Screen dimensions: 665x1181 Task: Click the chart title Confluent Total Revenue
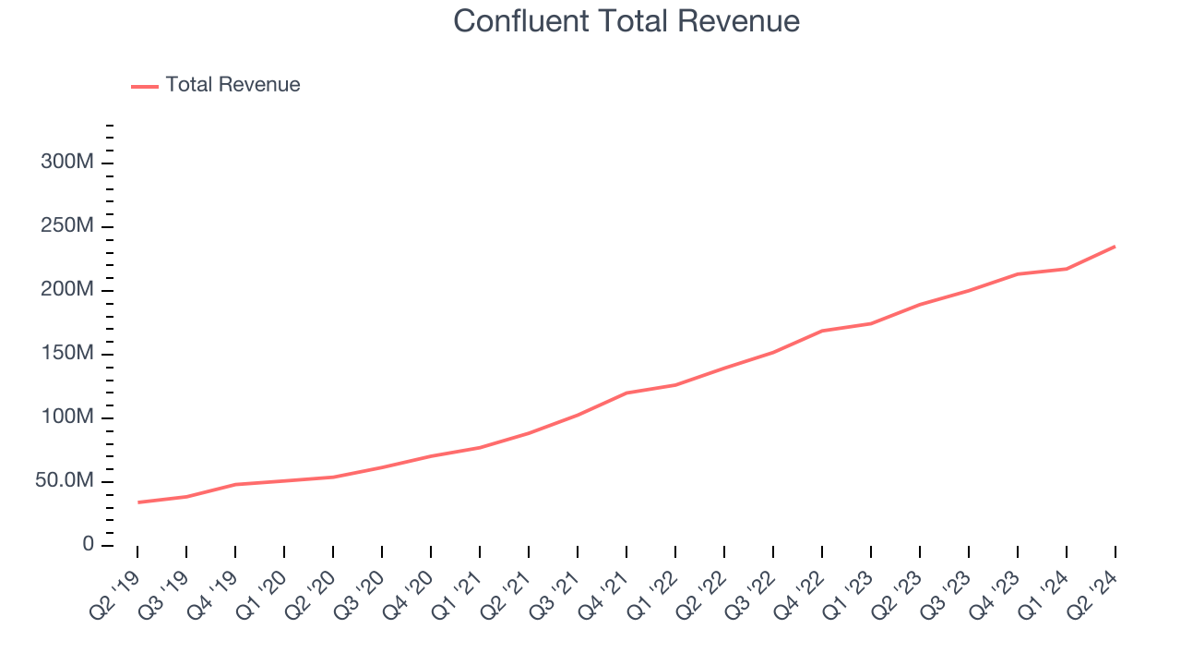(x=626, y=21)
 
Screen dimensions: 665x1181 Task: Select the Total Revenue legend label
(x=233, y=85)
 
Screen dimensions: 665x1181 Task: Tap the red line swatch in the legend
(x=145, y=86)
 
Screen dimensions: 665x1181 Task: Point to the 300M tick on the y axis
(x=66, y=163)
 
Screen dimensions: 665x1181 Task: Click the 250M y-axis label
(x=66, y=226)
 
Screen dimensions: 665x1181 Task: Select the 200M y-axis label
(x=66, y=290)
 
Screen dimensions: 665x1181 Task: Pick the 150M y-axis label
(x=66, y=354)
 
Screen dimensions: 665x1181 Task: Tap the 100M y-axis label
(x=66, y=417)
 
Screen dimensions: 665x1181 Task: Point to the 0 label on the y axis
(x=88, y=545)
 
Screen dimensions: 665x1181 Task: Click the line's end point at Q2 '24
(x=1115, y=247)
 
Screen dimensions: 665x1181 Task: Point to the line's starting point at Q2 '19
(x=138, y=502)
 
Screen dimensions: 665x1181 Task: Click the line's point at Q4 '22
(x=821, y=331)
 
